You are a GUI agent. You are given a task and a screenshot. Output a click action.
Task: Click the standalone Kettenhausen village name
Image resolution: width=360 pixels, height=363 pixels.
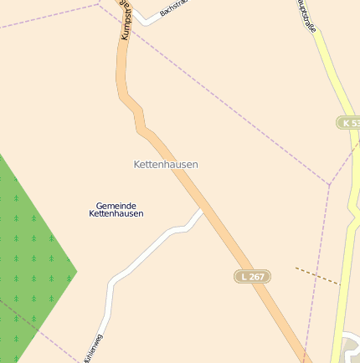(166, 165)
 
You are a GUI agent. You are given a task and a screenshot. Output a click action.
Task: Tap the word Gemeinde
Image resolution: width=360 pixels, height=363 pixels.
(116, 205)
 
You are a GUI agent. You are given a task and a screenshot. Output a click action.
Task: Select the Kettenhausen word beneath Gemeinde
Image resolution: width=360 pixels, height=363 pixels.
(116, 213)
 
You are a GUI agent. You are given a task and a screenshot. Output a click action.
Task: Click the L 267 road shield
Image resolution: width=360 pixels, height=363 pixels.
(251, 276)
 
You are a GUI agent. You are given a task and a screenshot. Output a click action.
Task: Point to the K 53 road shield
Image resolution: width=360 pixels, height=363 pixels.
(349, 123)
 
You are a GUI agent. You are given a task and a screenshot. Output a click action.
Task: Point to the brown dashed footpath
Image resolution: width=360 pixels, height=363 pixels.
(316, 276)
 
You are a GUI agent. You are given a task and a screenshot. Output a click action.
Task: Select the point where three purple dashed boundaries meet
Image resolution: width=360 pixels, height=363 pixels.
(330, 184)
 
